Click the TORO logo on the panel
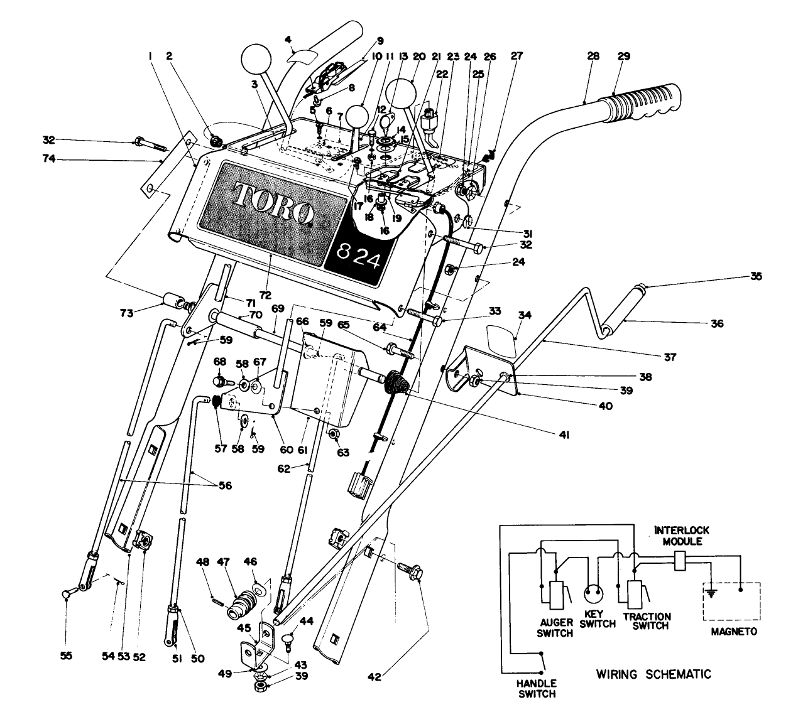274,202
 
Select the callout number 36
717,324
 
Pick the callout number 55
66,656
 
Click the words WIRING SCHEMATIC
653,674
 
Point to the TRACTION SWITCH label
647,621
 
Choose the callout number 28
593,57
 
